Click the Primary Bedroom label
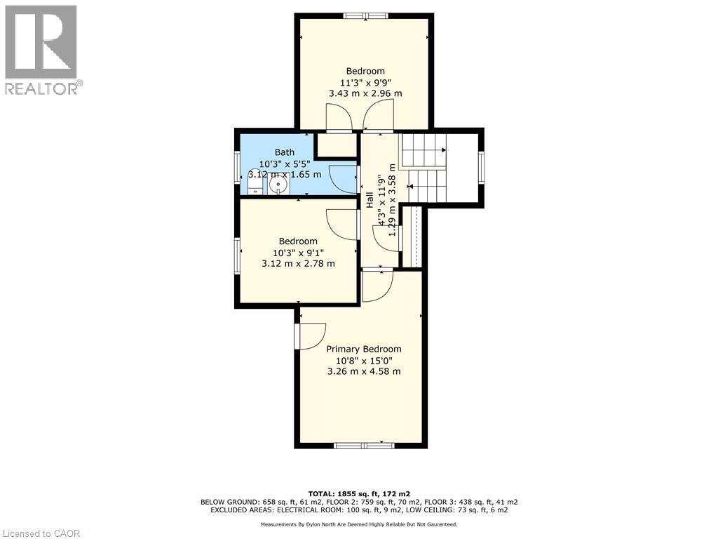pos(364,349)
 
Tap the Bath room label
pos(284,152)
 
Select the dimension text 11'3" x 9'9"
pos(365,82)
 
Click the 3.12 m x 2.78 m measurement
pos(298,264)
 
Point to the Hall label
pos(369,200)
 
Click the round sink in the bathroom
pos(278,186)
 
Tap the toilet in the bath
pos(254,185)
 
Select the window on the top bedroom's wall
pos(365,15)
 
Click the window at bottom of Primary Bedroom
pos(364,445)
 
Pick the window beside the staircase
pos(481,167)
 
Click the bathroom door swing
pos(344,180)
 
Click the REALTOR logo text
pos(42,88)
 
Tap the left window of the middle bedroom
pos(238,255)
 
